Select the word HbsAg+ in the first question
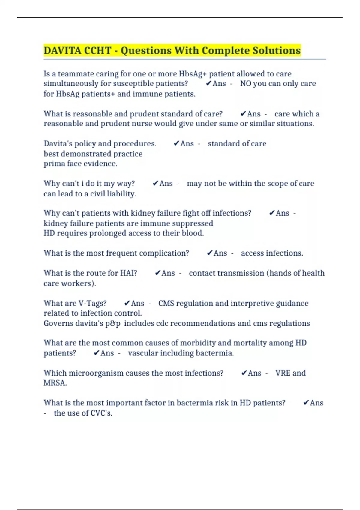pos(193,74)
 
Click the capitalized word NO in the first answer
pos(245,84)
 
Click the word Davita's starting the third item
pos(58,143)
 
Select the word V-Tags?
pos(92,303)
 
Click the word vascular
pos(143,353)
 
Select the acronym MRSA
pos(55,383)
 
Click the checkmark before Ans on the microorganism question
pos(244,373)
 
